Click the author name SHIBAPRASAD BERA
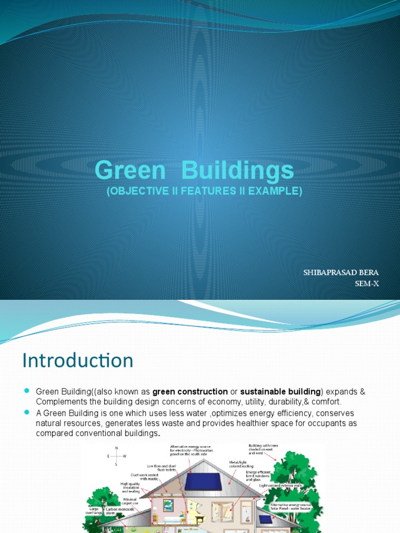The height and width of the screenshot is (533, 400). [x=341, y=273]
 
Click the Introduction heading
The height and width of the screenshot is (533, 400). [x=78, y=360]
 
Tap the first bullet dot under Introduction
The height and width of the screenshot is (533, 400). [x=28, y=391]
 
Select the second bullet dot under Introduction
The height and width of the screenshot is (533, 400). [x=28, y=412]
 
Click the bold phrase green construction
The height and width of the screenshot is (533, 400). [x=190, y=391]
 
